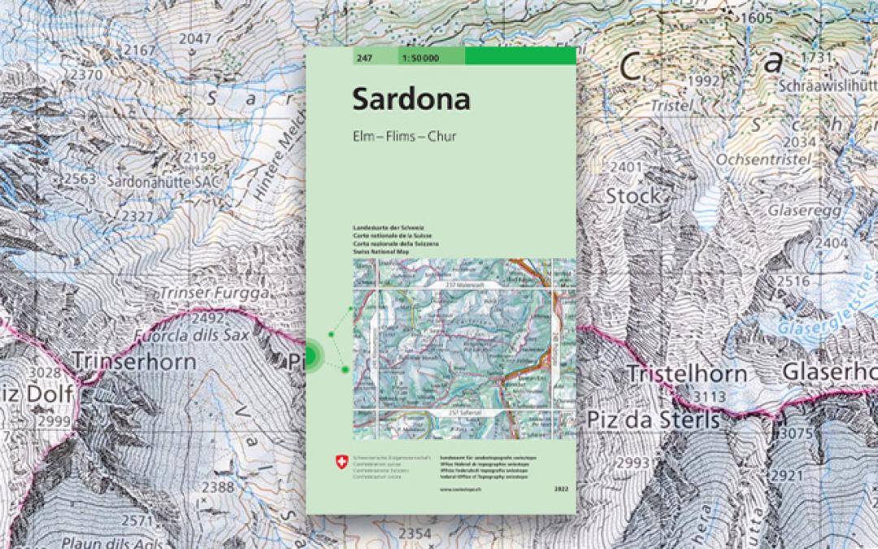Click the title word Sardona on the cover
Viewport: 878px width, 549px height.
[411, 99]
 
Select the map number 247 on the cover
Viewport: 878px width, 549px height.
[363, 57]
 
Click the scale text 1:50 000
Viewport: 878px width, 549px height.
[418, 57]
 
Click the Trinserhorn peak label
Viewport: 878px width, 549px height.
[133, 359]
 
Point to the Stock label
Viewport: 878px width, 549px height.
[633, 196]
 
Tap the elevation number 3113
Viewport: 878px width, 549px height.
[709, 396]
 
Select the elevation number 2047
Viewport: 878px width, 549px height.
[194, 38]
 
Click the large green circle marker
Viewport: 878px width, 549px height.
[311, 355]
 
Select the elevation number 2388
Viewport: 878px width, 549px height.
[217, 486]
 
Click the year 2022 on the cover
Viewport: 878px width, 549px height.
[559, 487]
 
